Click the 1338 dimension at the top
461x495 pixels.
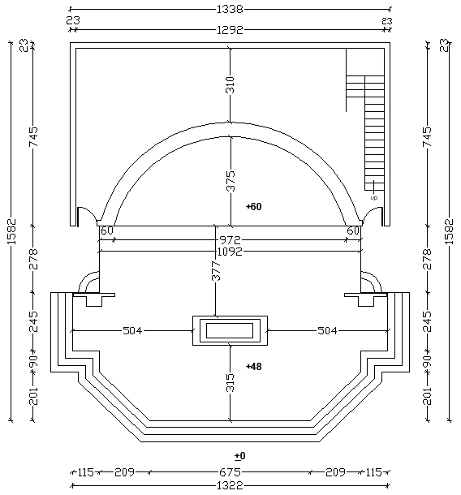point(230,10)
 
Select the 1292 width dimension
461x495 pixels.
point(230,30)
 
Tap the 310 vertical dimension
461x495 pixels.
point(230,85)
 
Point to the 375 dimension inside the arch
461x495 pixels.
point(230,181)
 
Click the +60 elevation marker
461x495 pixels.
point(254,207)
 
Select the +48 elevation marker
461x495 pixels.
point(254,367)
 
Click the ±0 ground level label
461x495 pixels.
point(240,456)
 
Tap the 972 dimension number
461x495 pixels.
point(230,240)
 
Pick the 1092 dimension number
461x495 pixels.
point(230,252)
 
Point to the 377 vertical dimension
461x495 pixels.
point(216,271)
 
